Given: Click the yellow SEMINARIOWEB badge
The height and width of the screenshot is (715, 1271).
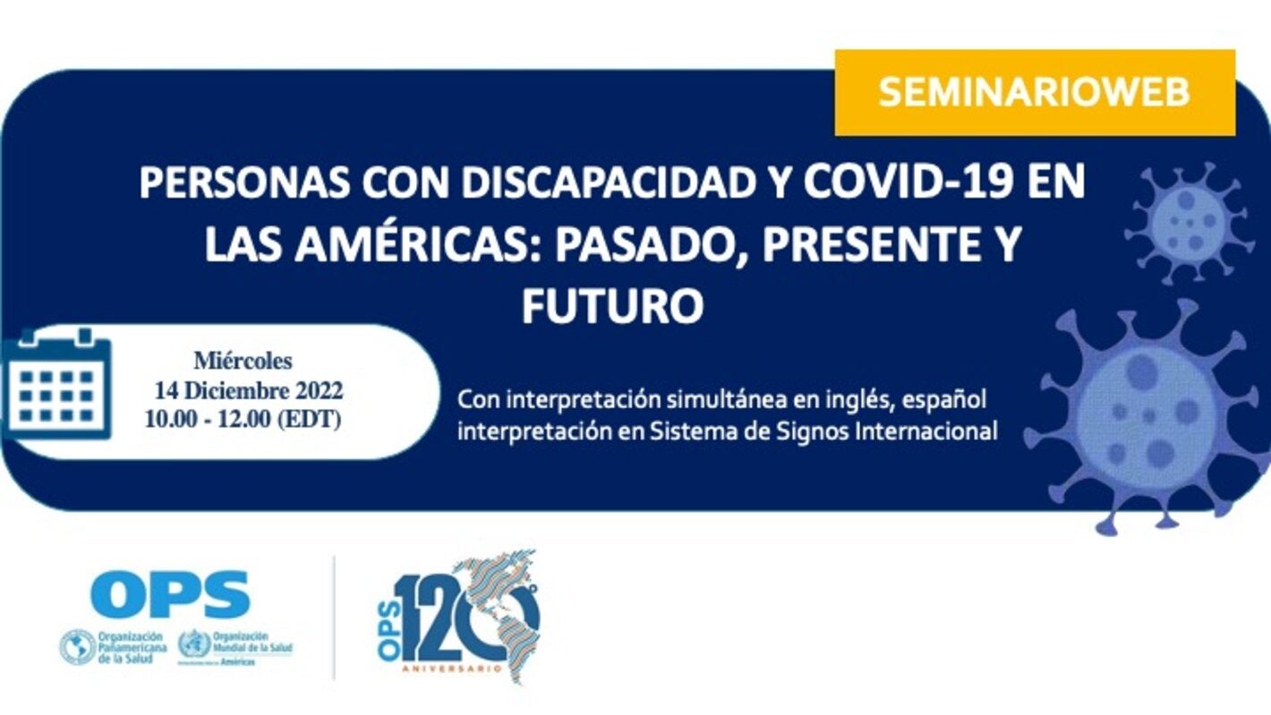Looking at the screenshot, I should pos(1034,93).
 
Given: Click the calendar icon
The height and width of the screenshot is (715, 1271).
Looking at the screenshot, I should pos(55,382).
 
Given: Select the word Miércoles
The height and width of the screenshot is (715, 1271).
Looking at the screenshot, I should pos(243,362).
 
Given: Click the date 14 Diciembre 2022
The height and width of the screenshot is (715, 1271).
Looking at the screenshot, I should pos(248,391).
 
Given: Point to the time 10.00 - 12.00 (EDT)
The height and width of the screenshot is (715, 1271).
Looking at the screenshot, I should pos(243,420).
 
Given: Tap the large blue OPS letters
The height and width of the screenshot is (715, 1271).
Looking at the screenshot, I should pos(169,595).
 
